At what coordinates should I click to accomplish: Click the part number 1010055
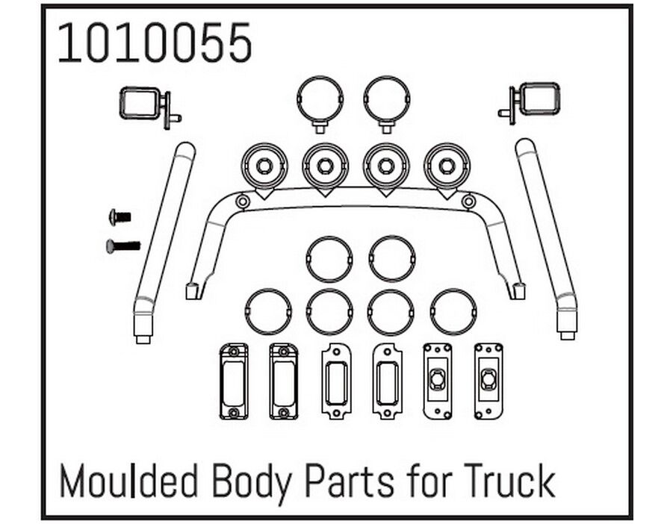[x=155, y=43]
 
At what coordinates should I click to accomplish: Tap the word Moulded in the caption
[x=128, y=481]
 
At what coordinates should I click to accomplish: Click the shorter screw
[x=120, y=217]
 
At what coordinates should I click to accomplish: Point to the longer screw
[x=123, y=246]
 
